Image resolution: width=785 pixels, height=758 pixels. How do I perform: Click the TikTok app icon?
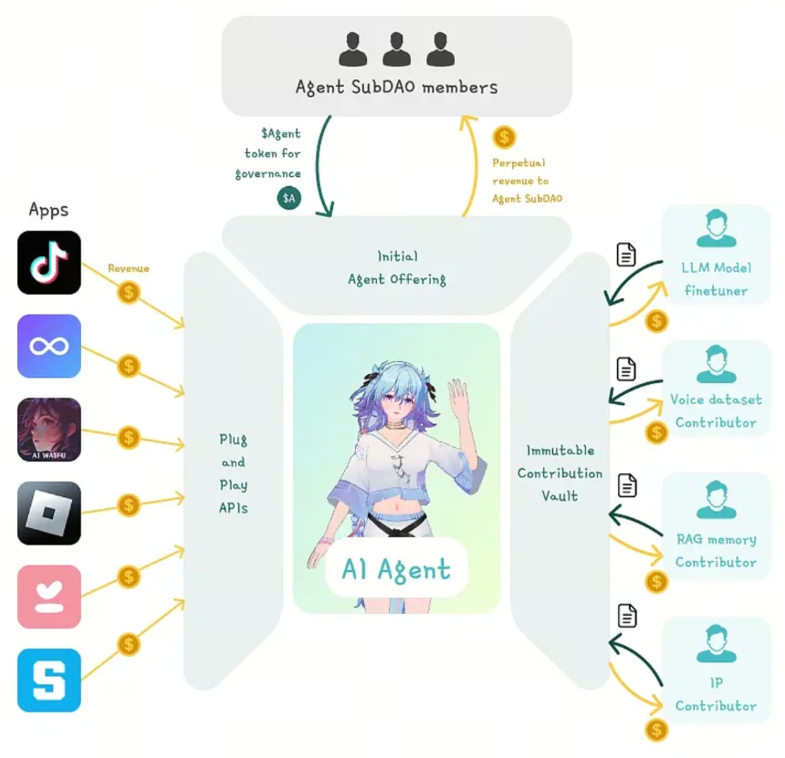click(x=49, y=263)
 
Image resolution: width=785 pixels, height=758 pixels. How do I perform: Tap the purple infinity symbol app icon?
click(x=49, y=347)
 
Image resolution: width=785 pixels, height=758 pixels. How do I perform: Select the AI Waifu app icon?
click(x=49, y=430)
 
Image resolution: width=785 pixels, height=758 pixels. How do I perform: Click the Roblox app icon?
click(x=49, y=514)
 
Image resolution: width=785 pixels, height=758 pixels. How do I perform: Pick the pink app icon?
click(x=49, y=597)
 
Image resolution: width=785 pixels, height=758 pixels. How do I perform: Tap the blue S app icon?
click(x=49, y=680)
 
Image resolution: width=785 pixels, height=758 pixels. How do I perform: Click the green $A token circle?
click(x=288, y=198)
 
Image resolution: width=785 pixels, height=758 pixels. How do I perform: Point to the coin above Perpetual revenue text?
click(x=504, y=137)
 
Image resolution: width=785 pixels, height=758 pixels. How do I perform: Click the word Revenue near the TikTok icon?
click(x=129, y=268)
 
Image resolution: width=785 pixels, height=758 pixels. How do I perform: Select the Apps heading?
click(x=48, y=210)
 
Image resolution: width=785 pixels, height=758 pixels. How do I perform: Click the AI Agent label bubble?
click(x=396, y=568)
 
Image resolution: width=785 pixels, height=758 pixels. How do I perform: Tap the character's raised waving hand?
click(x=457, y=393)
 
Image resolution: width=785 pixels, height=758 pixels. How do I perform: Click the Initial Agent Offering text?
click(x=397, y=267)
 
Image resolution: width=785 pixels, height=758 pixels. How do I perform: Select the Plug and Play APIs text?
click(x=234, y=473)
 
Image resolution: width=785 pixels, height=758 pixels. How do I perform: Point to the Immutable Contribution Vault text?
click(x=560, y=472)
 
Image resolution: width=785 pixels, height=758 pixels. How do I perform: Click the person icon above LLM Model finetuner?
click(x=717, y=229)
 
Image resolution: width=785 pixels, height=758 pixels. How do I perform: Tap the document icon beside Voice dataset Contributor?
click(x=626, y=369)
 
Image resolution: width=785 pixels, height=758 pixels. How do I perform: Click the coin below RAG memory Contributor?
click(x=656, y=582)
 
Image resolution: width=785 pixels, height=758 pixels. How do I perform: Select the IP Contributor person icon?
click(x=717, y=643)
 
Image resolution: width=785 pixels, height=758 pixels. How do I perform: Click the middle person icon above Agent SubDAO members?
click(x=396, y=49)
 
